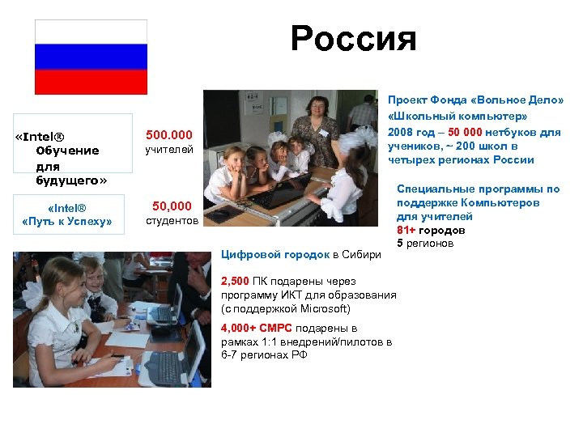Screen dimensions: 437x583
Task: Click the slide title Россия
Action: pos(353,39)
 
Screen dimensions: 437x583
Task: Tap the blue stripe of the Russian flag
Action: pos(91,57)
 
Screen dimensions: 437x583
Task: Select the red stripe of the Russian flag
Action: pos(91,82)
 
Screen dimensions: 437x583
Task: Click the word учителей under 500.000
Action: pos(168,149)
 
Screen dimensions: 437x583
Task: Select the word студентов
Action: pos(171,221)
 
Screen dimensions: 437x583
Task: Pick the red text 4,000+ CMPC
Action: pos(257,329)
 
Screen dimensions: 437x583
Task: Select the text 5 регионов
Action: pos(425,243)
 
